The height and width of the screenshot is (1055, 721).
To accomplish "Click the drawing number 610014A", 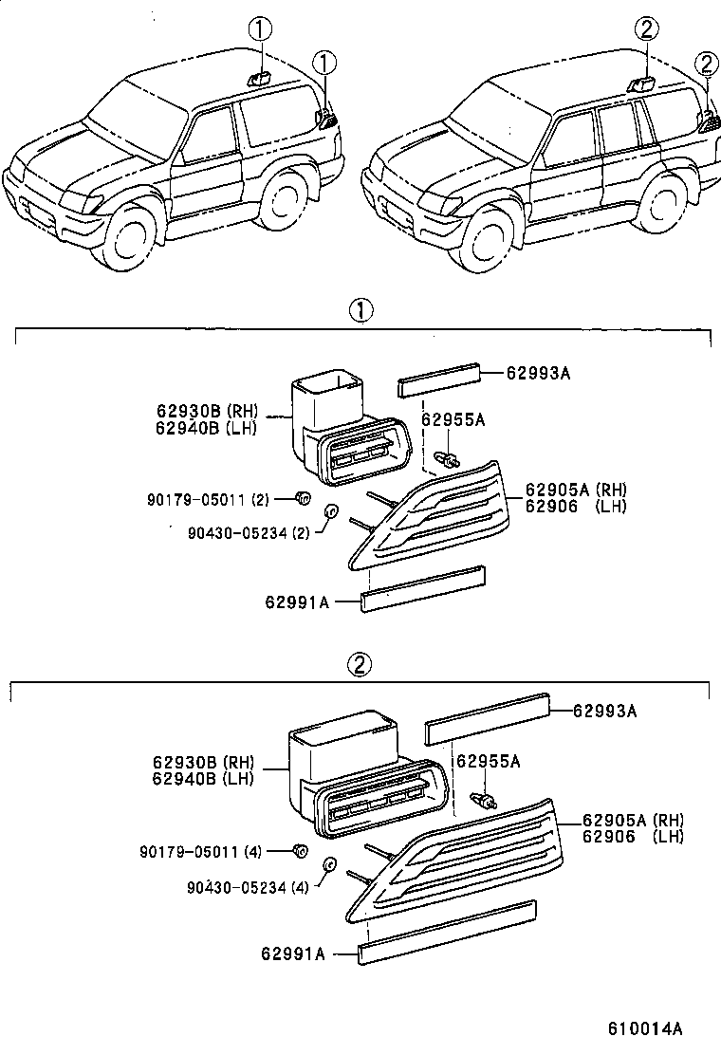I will pyautogui.click(x=646, y=1028).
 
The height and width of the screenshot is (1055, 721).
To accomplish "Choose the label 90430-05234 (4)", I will pyautogui.click(x=250, y=887).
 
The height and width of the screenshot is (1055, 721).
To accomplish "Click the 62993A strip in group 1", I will pyautogui.click(x=441, y=380).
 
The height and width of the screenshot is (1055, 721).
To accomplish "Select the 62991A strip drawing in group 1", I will pyautogui.click(x=423, y=588).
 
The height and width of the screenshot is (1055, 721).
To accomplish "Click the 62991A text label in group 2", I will pyautogui.click(x=294, y=953).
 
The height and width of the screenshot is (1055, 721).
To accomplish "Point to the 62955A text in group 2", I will pyautogui.click(x=489, y=761).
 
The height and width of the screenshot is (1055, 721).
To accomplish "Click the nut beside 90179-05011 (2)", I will pyautogui.click(x=303, y=496).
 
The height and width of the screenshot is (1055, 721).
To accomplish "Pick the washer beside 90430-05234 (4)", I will pyautogui.click(x=330, y=865).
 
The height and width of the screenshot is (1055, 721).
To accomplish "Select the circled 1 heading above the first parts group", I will pyautogui.click(x=360, y=309).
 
